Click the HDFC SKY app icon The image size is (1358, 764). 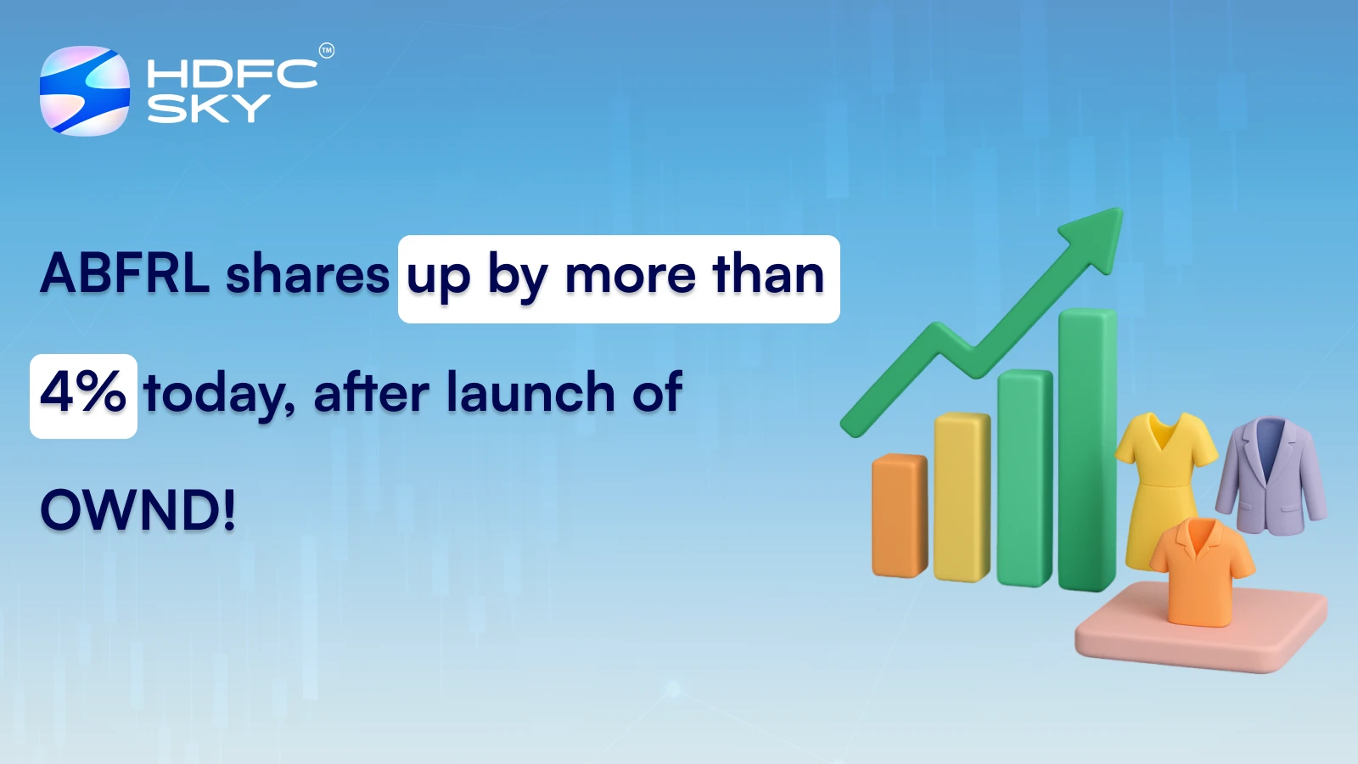pos(85,91)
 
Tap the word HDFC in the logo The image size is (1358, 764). pos(232,75)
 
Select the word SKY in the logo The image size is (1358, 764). pos(209,109)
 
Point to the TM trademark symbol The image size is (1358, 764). pos(327,51)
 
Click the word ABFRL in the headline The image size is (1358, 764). pos(125,274)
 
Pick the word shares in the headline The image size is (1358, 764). pos(307,276)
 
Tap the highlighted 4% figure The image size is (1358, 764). pos(83,394)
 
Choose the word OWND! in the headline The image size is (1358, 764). pos(138,511)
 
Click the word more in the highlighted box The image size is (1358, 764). pos(631,276)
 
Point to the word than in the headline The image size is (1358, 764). pos(768,274)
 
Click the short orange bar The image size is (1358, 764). pos(900,516)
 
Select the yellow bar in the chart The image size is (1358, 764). pos(962,497)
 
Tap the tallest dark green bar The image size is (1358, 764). pos(1087,450)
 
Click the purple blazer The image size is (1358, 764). pos(1271,475)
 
